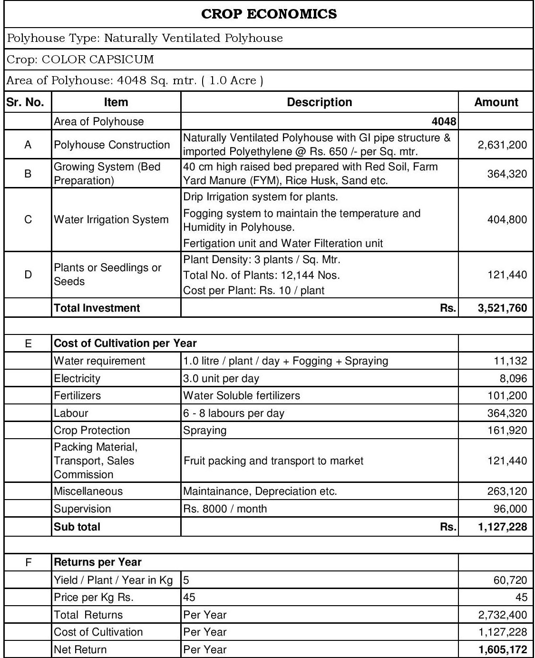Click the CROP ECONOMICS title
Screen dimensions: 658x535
click(269, 14)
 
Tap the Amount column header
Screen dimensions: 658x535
click(496, 102)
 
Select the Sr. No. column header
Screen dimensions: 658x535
click(25, 102)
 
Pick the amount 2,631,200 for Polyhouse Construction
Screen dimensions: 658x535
click(502, 145)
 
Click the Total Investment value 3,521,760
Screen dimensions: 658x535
click(502, 308)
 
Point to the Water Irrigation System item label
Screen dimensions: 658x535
click(111, 220)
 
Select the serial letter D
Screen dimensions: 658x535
click(28, 275)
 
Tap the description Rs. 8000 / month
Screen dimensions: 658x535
click(225, 509)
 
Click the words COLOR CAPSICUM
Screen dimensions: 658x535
click(98, 59)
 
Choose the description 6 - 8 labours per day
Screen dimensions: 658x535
click(233, 413)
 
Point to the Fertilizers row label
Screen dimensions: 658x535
click(78, 395)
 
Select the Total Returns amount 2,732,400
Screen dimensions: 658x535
click(502, 615)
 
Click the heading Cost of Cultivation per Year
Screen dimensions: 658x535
click(125, 343)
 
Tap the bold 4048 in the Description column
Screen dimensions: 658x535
click(444, 121)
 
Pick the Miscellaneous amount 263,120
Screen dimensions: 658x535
click(507, 491)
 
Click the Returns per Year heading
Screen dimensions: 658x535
click(97, 562)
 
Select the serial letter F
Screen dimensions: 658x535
click(28, 562)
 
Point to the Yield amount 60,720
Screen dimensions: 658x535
click(510, 580)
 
